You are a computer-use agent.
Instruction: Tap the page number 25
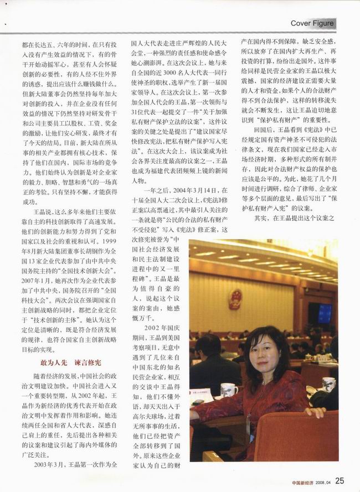(x=340, y=480)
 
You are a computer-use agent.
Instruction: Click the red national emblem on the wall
(x=235, y=299)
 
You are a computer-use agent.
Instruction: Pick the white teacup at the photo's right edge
(x=328, y=383)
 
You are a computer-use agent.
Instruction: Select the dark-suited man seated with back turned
(x=213, y=360)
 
